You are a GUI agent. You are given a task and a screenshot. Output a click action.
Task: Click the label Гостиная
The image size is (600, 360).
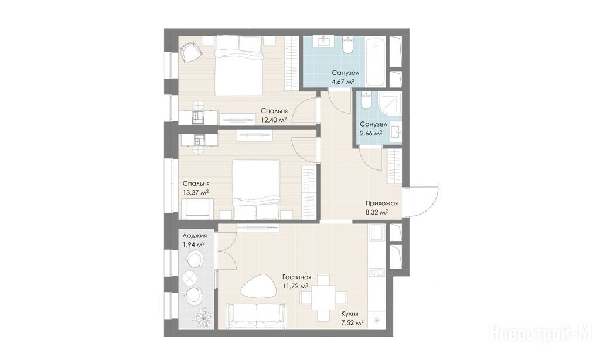(296, 277)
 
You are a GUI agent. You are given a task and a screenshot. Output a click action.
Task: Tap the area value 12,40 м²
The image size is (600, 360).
(274, 120)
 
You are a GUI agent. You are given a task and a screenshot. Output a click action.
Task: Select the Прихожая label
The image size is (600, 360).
(381, 203)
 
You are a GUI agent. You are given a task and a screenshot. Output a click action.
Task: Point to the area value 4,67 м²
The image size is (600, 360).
(342, 81)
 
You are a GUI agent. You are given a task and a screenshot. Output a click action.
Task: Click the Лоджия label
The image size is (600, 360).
(195, 236)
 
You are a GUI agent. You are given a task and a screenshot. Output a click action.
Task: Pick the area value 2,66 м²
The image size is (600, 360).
(371, 133)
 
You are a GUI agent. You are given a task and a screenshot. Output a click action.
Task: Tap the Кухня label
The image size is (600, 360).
(350, 314)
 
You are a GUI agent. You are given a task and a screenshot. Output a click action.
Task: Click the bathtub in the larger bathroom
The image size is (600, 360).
(375, 62)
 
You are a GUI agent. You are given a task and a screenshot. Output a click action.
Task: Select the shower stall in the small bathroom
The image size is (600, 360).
(390, 103)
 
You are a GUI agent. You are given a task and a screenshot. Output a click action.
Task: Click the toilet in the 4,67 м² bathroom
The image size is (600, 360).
(348, 45)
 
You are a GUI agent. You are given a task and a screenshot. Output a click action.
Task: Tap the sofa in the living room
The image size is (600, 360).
(256, 316)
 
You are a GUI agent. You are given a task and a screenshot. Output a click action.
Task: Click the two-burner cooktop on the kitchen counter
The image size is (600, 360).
(377, 272)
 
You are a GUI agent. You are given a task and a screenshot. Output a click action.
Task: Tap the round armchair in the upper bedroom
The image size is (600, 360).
(190, 52)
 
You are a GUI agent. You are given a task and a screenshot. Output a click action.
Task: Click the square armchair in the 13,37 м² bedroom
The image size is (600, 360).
(195, 209)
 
